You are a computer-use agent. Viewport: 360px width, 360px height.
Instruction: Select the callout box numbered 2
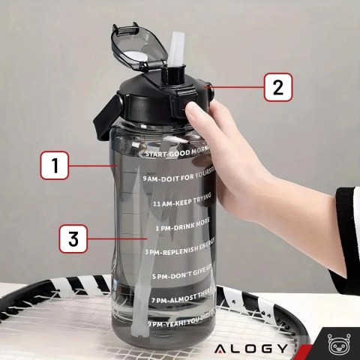(277, 87)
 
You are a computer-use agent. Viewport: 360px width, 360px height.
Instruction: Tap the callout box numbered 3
(73, 241)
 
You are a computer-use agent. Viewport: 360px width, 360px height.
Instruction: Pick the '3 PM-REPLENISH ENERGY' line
(179, 252)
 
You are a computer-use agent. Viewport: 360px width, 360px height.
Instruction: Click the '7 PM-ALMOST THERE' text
(181, 300)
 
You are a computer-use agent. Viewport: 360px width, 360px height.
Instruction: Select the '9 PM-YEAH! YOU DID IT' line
(180, 322)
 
